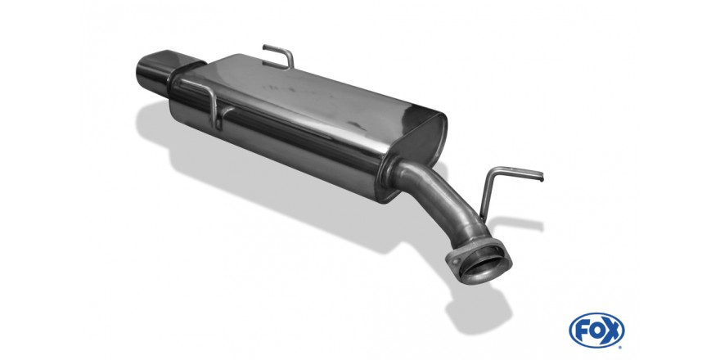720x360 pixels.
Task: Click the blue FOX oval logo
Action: click(x=596, y=330)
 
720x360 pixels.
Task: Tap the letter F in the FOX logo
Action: click(x=582, y=331)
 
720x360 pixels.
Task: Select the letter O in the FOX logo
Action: click(x=596, y=331)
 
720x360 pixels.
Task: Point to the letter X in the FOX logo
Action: click(x=612, y=331)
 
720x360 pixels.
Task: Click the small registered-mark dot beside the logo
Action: click(x=621, y=347)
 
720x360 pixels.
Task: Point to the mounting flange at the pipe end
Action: click(x=479, y=261)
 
